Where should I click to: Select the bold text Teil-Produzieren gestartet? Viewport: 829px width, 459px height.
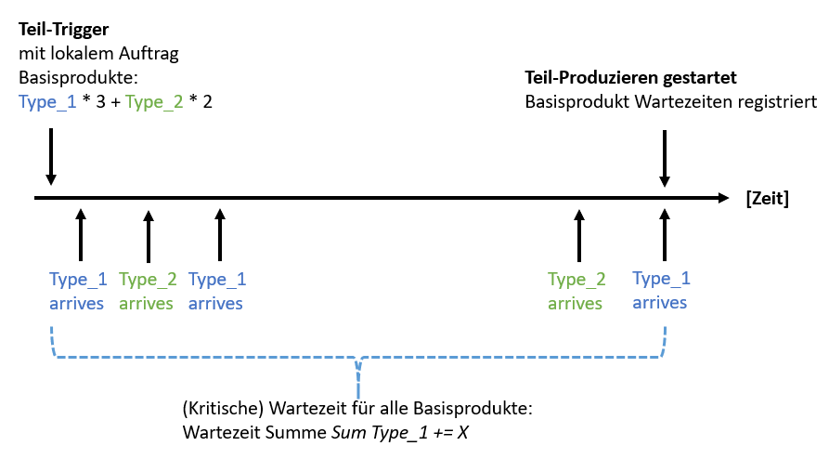pos(631,77)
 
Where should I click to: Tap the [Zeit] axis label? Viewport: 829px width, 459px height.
pos(767,198)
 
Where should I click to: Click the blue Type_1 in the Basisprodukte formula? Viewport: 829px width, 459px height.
pos(47,100)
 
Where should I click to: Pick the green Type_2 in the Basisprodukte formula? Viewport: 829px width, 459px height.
pos(155,100)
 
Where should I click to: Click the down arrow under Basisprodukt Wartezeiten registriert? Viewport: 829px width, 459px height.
pos(664,157)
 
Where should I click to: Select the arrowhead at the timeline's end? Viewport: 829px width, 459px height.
pos(723,198)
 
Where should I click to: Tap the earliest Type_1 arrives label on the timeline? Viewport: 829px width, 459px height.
pos(77,291)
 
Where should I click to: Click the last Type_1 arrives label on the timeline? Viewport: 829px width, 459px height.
pos(661,290)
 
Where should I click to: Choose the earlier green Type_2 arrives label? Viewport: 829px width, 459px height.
pos(148,291)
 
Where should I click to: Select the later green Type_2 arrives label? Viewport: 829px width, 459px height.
pos(576,291)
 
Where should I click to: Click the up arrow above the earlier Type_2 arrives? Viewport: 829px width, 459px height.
pos(148,236)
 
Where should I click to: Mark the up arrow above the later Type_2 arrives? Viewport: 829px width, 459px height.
pos(578,236)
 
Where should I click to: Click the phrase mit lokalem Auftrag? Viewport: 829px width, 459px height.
pos(97,54)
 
